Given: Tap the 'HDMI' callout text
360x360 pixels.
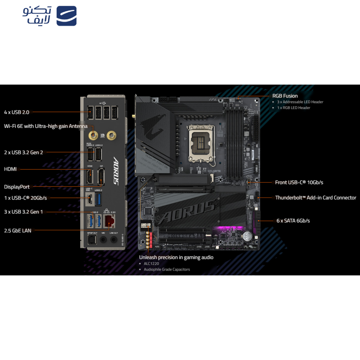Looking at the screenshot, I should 10,169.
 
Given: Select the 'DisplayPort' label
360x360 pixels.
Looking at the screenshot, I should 17,187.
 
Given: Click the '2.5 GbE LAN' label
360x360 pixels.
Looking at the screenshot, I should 18,230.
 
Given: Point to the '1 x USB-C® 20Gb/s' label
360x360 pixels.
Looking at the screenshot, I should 25,198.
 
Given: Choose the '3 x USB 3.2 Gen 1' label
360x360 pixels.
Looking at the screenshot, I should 23,211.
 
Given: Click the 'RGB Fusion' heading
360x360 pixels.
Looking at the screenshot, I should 285,96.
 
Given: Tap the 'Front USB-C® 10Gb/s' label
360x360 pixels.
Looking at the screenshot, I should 299,182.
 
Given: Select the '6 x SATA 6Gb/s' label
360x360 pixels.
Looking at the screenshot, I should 293,220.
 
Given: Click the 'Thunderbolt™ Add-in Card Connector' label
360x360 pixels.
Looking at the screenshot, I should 315,198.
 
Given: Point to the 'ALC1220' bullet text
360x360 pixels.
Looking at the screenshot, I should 152,264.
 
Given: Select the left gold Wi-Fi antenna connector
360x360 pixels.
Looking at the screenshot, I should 94,135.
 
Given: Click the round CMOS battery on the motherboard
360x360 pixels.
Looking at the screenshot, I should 247,235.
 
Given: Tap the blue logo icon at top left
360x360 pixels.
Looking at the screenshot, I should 67,16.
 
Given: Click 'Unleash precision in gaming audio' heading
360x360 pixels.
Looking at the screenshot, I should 176,257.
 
